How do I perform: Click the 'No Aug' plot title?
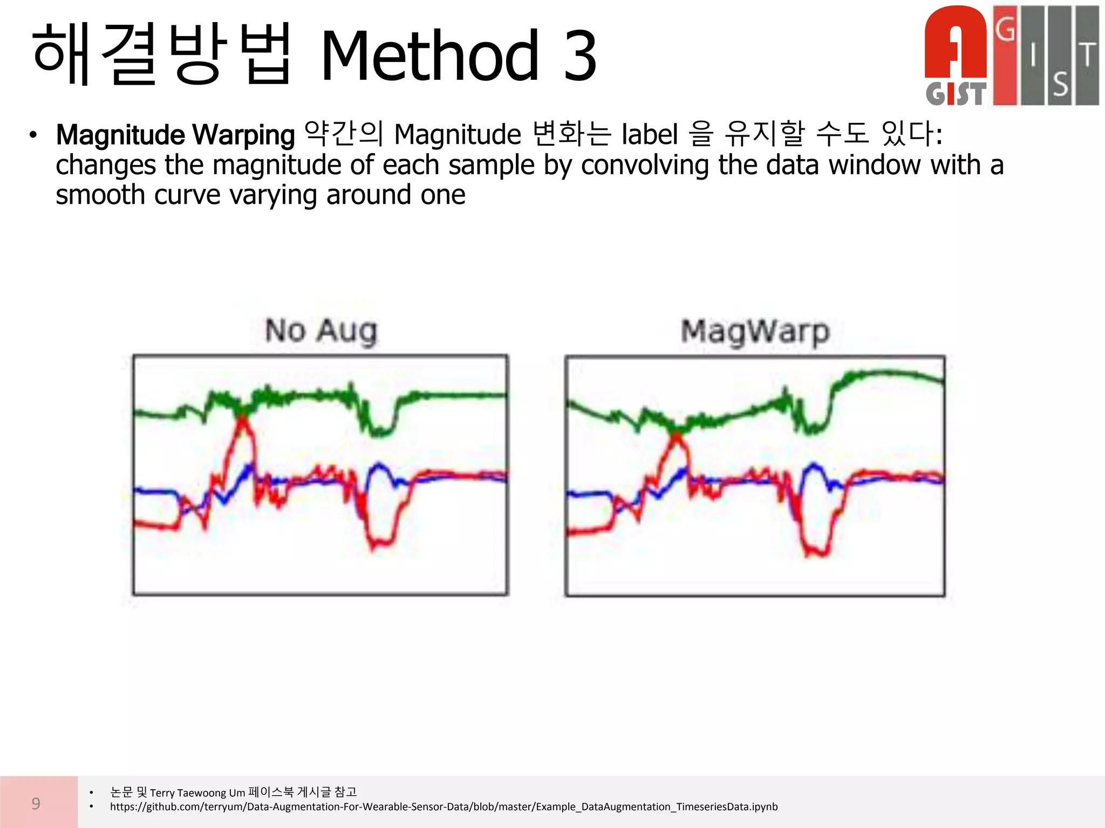pyautogui.click(x=321, y=330)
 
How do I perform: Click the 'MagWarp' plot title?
pyautogui.click(x=755, y=332)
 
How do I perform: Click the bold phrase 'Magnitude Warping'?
pyautogui.click(x=175, y=135)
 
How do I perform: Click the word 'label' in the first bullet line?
pyautogui.click(x=650, y=134)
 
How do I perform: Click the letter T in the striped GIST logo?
pyautogui.click(x=1088, y=54)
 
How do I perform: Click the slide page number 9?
pyautogui.click(x=36, y=803)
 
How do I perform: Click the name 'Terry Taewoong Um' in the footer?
pyautogui.click(x=197, y=792)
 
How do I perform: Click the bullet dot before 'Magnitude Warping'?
pyautogui.click(x=33, y=135)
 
